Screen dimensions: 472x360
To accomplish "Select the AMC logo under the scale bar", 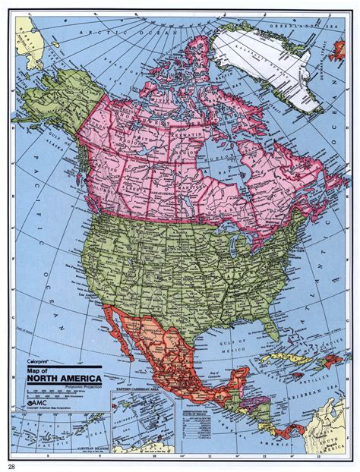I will point(39,401).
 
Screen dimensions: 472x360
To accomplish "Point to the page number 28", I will point(13,466).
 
